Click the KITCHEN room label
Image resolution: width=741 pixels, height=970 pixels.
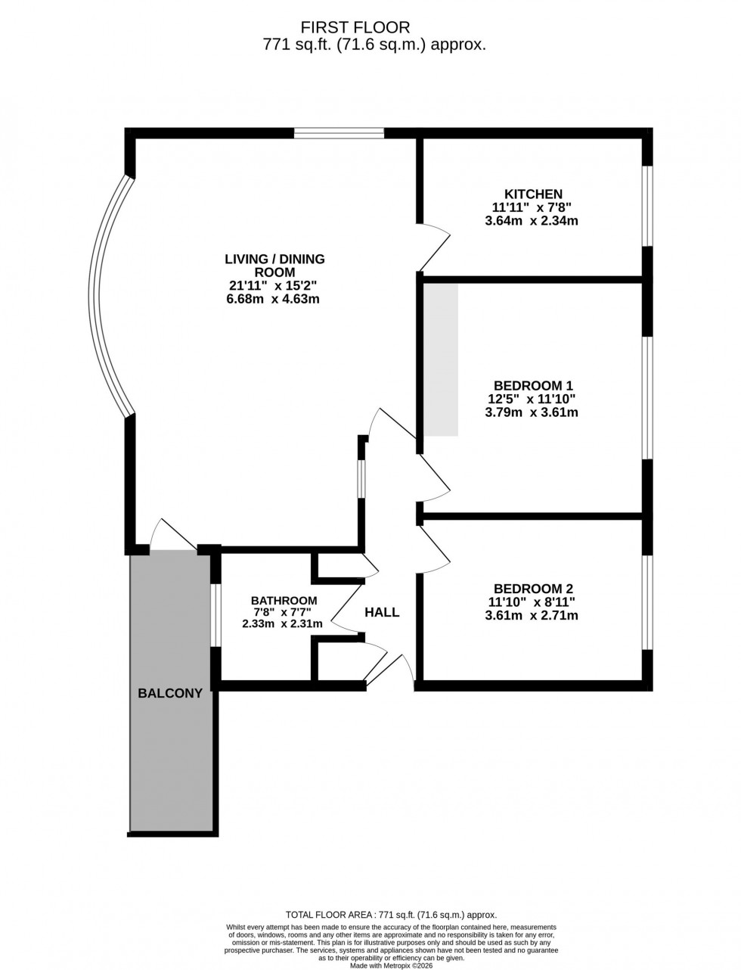[533, 194]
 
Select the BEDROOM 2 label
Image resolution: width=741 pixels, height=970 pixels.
[532, 589]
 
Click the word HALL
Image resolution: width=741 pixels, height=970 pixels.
[382, 612]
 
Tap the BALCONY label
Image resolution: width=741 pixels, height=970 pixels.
[170, 692]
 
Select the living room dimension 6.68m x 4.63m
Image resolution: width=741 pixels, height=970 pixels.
[274, 299]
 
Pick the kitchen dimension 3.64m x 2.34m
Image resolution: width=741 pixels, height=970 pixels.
[532, 221]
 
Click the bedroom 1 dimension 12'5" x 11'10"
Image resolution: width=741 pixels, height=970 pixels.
[531, 399]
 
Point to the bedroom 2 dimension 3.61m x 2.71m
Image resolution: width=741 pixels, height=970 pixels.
[532, 616]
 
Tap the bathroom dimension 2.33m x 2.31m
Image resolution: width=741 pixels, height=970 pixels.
[282, 624]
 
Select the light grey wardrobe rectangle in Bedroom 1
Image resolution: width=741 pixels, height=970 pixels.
[440, 359]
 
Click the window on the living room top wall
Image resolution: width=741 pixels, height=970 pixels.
[339, 134]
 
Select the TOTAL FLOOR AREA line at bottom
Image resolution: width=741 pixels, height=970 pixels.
[390, 914]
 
